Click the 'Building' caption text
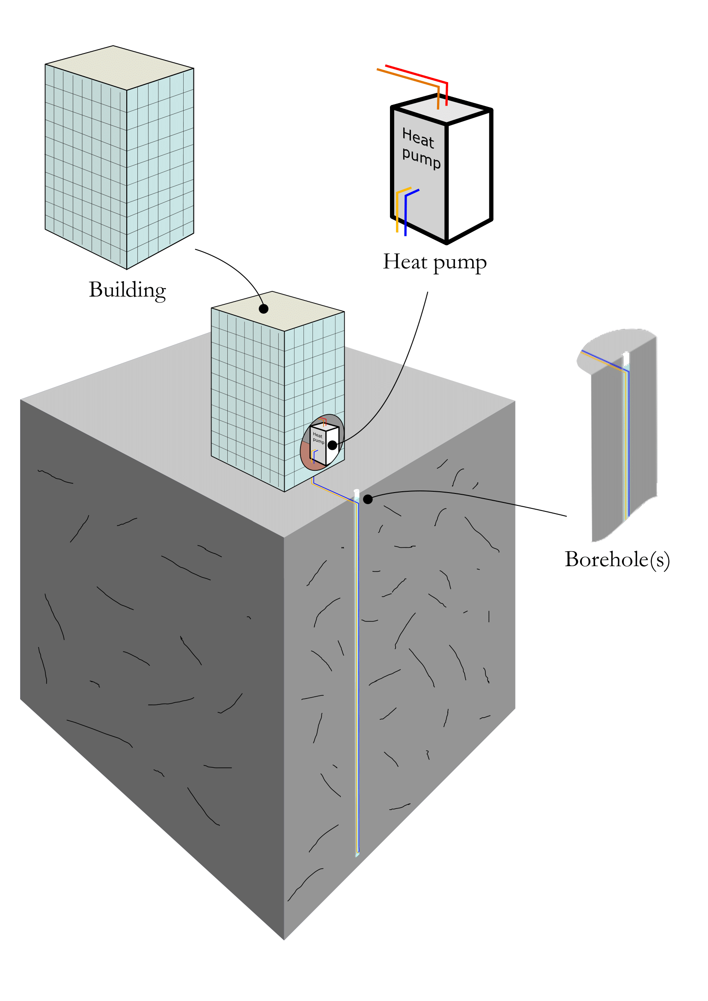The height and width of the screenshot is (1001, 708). coord(127,290)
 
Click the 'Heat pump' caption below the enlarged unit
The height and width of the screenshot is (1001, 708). coord(434,262)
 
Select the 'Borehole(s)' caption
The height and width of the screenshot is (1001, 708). coord(617,559)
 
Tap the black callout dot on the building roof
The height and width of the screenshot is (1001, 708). coord(263,309)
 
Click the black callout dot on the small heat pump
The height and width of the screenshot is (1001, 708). coord(332,445)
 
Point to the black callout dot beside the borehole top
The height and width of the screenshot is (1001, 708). coord(368,499)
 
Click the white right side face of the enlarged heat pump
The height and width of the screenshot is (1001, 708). coord(470,174)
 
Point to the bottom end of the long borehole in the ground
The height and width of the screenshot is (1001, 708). coord(357,853)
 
